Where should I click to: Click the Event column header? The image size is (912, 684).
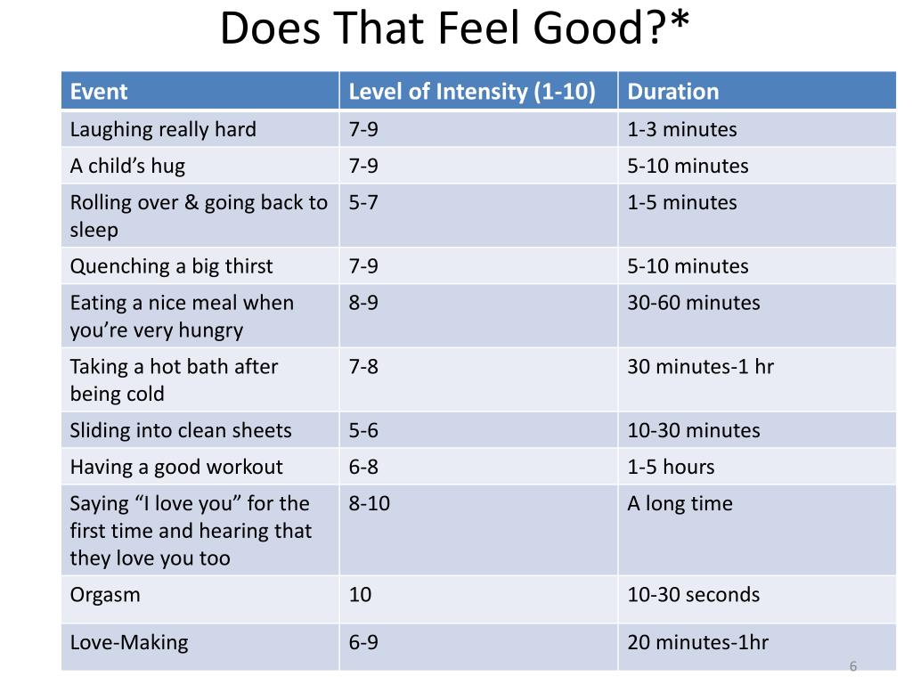click(x=98, y=92)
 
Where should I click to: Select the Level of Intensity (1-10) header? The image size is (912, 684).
click(x=472, y=92)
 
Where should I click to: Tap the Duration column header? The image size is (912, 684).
click(x=673, y=92)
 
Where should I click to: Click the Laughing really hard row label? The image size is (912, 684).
click(x=163, y=129)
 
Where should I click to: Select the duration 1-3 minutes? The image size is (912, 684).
click(x=681, y=129)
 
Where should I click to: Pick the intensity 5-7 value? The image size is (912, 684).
click(x=363, y=202)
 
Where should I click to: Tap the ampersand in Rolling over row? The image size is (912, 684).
click(x=191, y=202)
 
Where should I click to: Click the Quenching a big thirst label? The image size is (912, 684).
click(x=171, y=265)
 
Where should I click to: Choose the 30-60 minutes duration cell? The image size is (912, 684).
click(x=693, y=303)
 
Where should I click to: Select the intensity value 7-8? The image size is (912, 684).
click(x=363, y=366)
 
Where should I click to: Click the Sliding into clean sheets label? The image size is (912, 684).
click(x=180, y=430)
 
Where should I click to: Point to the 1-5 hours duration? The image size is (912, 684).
click(x=671, y=467)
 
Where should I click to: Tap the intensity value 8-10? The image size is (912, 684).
click(x=369, y=503)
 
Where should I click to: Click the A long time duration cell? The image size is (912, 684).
click(x=680, y=504)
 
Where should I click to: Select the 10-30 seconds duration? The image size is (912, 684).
click(x=693, y=594)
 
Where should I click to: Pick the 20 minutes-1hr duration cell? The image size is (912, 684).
click(x=697, y=642)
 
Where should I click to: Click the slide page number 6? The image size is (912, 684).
click(x=853, y=666)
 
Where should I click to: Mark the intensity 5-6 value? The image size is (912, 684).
click(x=363, y=430)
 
